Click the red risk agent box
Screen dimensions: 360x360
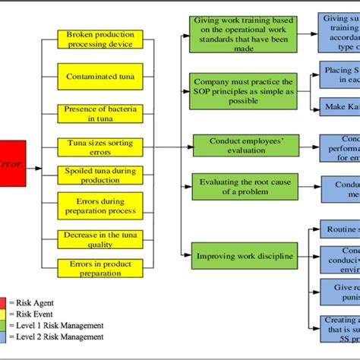click(x=12, y=163)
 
